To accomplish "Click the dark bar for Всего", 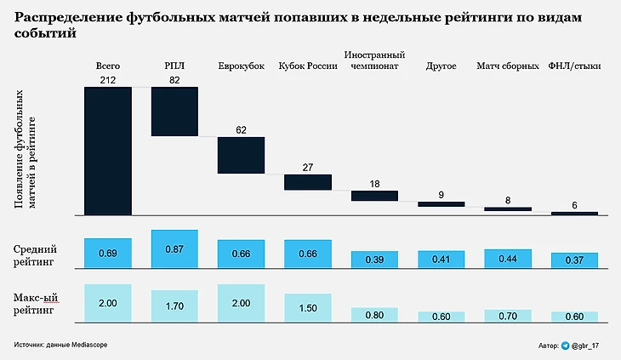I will (x=108, y=151).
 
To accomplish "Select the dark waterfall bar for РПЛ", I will (x=174, y=111).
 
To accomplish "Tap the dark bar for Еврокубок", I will (x=242, y=155).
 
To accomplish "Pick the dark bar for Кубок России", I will (x=307, y=182).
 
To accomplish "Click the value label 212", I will (x=108, y=80).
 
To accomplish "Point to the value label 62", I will (x=242, y=130).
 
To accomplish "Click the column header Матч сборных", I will (x=507, y=66).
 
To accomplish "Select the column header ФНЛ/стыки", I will (x=574, y=66).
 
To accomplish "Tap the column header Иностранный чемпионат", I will (x=374, y=60).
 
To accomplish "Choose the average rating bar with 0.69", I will (x=108, y=253).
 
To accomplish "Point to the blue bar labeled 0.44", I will (x=507, y=259).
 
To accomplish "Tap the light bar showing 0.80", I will (x=374, y=315).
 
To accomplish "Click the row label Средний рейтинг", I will (x=36, y=256).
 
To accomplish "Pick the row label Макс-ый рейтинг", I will (x=36, y=305).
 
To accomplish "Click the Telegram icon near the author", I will (x=565, y=346).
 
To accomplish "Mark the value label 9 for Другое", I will (x=441, y=195).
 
